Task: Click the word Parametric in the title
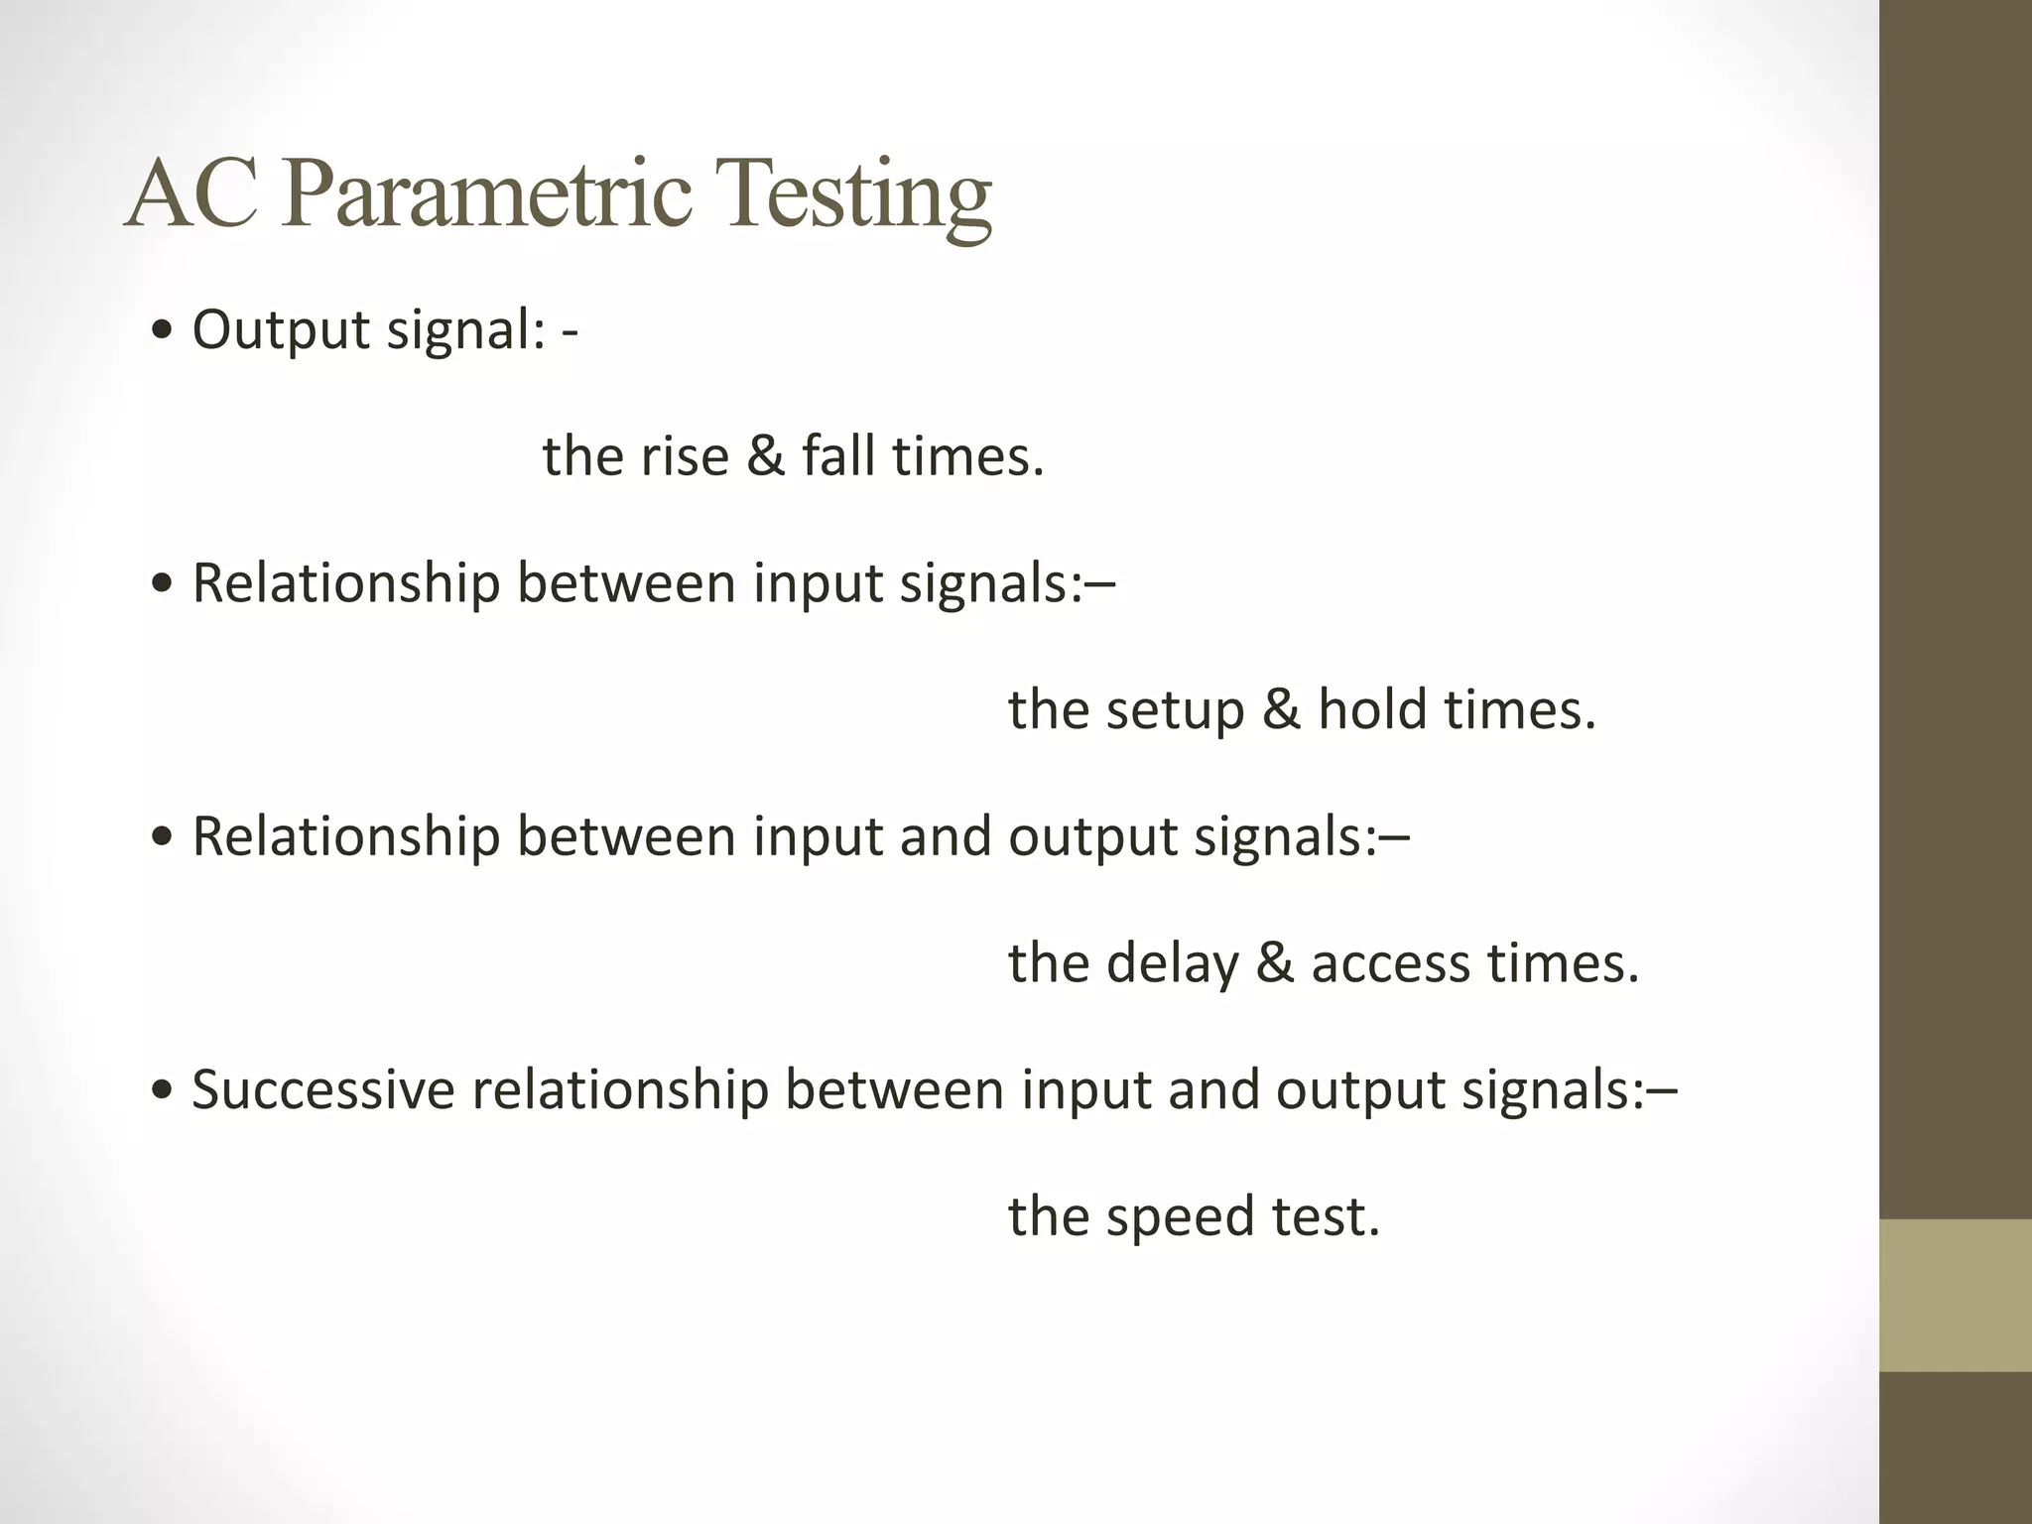[485, 194]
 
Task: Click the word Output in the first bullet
[281, 330]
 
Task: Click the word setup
[1175, 710]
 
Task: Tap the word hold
[1372, 710]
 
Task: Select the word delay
[1173, 963]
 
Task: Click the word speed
[1181, 1217]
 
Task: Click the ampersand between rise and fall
[765, 456]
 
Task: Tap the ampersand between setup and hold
[1281, 710]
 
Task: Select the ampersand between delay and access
[1275, 963]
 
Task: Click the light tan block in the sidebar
[1955, 1295]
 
